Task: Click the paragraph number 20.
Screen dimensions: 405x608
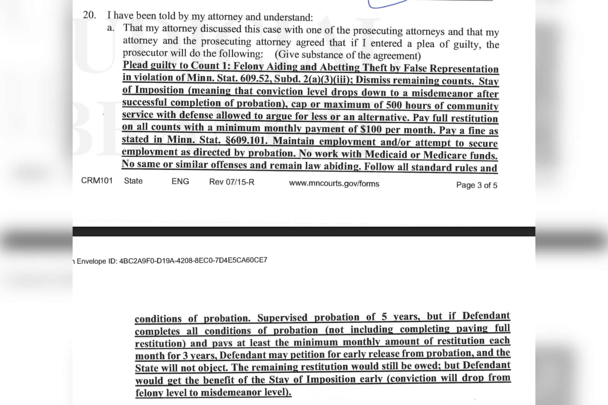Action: [x=89, y=15]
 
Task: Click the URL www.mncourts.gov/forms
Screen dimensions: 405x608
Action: [x=334, y=183]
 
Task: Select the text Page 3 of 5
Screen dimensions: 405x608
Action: [x=476, y=185]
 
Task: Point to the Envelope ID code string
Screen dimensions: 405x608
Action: [x=193, y=260]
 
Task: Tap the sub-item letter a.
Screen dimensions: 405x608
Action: [x=111, y=28]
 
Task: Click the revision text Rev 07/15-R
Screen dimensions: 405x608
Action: [x=232, y=182]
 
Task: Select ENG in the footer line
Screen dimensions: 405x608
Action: [x=180, y=181]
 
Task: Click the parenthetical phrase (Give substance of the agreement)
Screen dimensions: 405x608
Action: [x=348, y=55]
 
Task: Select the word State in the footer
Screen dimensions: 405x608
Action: [x=133, y=181]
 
